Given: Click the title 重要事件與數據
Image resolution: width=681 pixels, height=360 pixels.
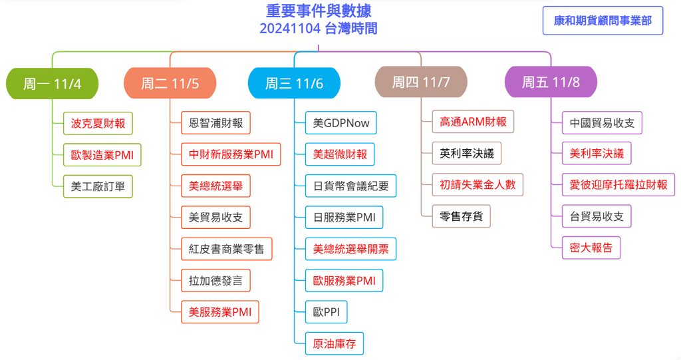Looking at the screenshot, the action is tap(319, 11).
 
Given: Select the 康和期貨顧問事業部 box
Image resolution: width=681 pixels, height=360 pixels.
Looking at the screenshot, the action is tap(603, 21).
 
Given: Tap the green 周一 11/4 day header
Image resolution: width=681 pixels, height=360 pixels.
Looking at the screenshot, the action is tap(52, 83).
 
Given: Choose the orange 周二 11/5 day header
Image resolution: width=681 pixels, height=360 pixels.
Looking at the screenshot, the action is tap(170, 83).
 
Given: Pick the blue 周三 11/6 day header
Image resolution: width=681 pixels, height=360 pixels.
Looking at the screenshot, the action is tap(294, 83).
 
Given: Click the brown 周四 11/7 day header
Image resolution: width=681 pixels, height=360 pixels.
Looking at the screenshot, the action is tap(421, 82).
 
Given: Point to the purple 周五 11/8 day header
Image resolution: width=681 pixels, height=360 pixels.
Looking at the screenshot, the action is tap(551, 82).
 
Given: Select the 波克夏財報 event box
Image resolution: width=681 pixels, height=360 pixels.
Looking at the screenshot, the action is tap(98, 124).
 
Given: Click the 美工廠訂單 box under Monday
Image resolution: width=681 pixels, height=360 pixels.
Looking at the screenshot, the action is tap(98, 186).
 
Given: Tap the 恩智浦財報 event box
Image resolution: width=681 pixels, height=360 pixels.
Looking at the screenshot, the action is tap(216, 123).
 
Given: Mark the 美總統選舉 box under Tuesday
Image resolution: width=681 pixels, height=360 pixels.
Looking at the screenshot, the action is tap(216, 186).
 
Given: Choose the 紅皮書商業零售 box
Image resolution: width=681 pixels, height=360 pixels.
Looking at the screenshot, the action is tap(226, 249).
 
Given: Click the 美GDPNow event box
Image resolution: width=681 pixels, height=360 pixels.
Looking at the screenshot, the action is tap(341, 123).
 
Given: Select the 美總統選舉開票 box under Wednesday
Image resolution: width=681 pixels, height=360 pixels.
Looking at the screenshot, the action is tap(351, 249).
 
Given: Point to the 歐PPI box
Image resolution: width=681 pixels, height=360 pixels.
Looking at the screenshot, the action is tap(326, 312).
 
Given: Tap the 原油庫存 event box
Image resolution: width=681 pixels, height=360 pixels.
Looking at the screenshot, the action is tap(335, 344).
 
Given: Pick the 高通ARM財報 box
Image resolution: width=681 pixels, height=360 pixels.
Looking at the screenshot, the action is tap(473, 122).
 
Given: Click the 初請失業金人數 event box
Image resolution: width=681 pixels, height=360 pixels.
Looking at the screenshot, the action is tap(477, 185).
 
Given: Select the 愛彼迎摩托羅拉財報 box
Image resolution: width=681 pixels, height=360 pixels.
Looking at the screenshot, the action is tap(618, 185).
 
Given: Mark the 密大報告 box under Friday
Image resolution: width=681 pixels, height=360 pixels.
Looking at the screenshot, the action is tap(591, 248).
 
